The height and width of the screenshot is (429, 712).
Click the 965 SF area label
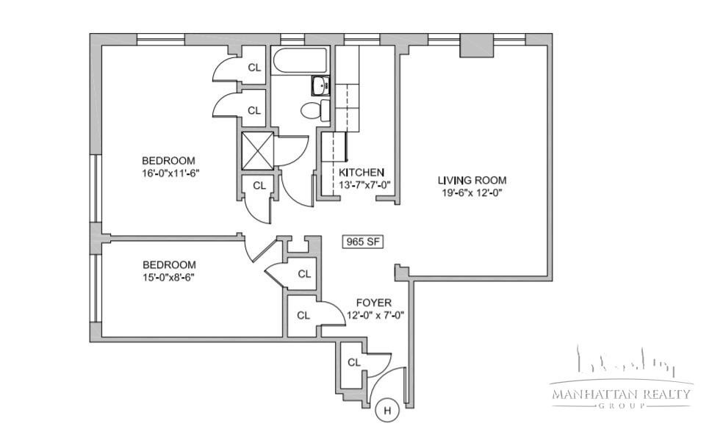362,242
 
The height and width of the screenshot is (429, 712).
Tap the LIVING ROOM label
472,180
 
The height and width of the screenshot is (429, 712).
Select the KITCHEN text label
362,173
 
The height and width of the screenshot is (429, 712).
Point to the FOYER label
374,303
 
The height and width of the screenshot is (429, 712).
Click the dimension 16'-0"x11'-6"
170,173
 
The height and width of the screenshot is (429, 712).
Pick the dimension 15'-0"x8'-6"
169,277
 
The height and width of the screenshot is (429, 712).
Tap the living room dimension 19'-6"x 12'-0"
472,192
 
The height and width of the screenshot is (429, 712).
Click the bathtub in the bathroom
300,60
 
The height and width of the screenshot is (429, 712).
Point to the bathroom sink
321,86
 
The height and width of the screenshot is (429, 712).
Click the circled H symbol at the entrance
388,411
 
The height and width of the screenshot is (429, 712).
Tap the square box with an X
257,151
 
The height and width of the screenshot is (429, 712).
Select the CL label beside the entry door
354,362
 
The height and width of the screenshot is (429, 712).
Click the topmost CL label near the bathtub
254,68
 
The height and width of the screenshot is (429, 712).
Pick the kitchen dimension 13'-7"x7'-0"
364,185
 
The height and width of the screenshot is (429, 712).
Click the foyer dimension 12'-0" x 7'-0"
375,315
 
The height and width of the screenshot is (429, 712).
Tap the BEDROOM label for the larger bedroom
168,160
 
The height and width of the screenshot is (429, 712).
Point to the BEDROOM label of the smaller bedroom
170,264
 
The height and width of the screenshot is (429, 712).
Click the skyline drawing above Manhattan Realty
627,362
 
